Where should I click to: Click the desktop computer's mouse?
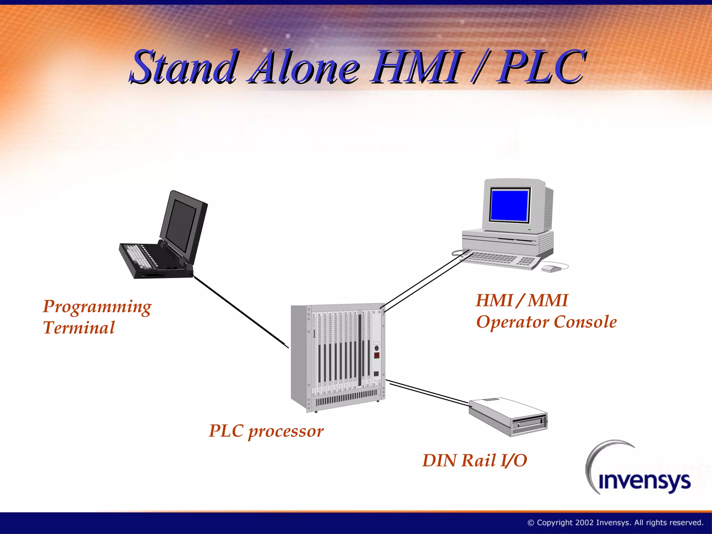[x=550, y=268]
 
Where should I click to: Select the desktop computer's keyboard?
[x=501, y=259]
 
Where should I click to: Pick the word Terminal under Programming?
[x=79, y=328]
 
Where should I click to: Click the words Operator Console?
[x=546, y=322]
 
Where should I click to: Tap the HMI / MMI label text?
[x=521, y=300]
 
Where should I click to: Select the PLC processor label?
[x=266, y=431]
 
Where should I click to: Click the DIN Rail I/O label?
[x=475, y=461]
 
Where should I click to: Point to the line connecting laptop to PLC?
[x=240, y=311]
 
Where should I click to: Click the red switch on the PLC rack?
[x=377, y=355]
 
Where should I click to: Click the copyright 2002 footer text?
[x=615, y=523]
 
